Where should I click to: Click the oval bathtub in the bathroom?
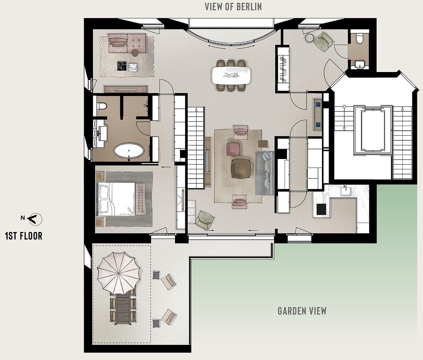point(129,150)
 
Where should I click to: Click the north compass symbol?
point(35,219)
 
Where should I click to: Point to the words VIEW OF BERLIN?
point(233,7)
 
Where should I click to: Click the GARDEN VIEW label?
point(302,311)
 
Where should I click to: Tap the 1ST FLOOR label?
point(24,236)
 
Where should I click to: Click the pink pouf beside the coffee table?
point(233,149)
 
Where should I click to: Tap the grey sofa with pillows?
point(265,173)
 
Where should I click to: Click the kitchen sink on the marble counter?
point(346,191)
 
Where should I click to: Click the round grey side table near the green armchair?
point(310,38)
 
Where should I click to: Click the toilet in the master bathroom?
point(102,106)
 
